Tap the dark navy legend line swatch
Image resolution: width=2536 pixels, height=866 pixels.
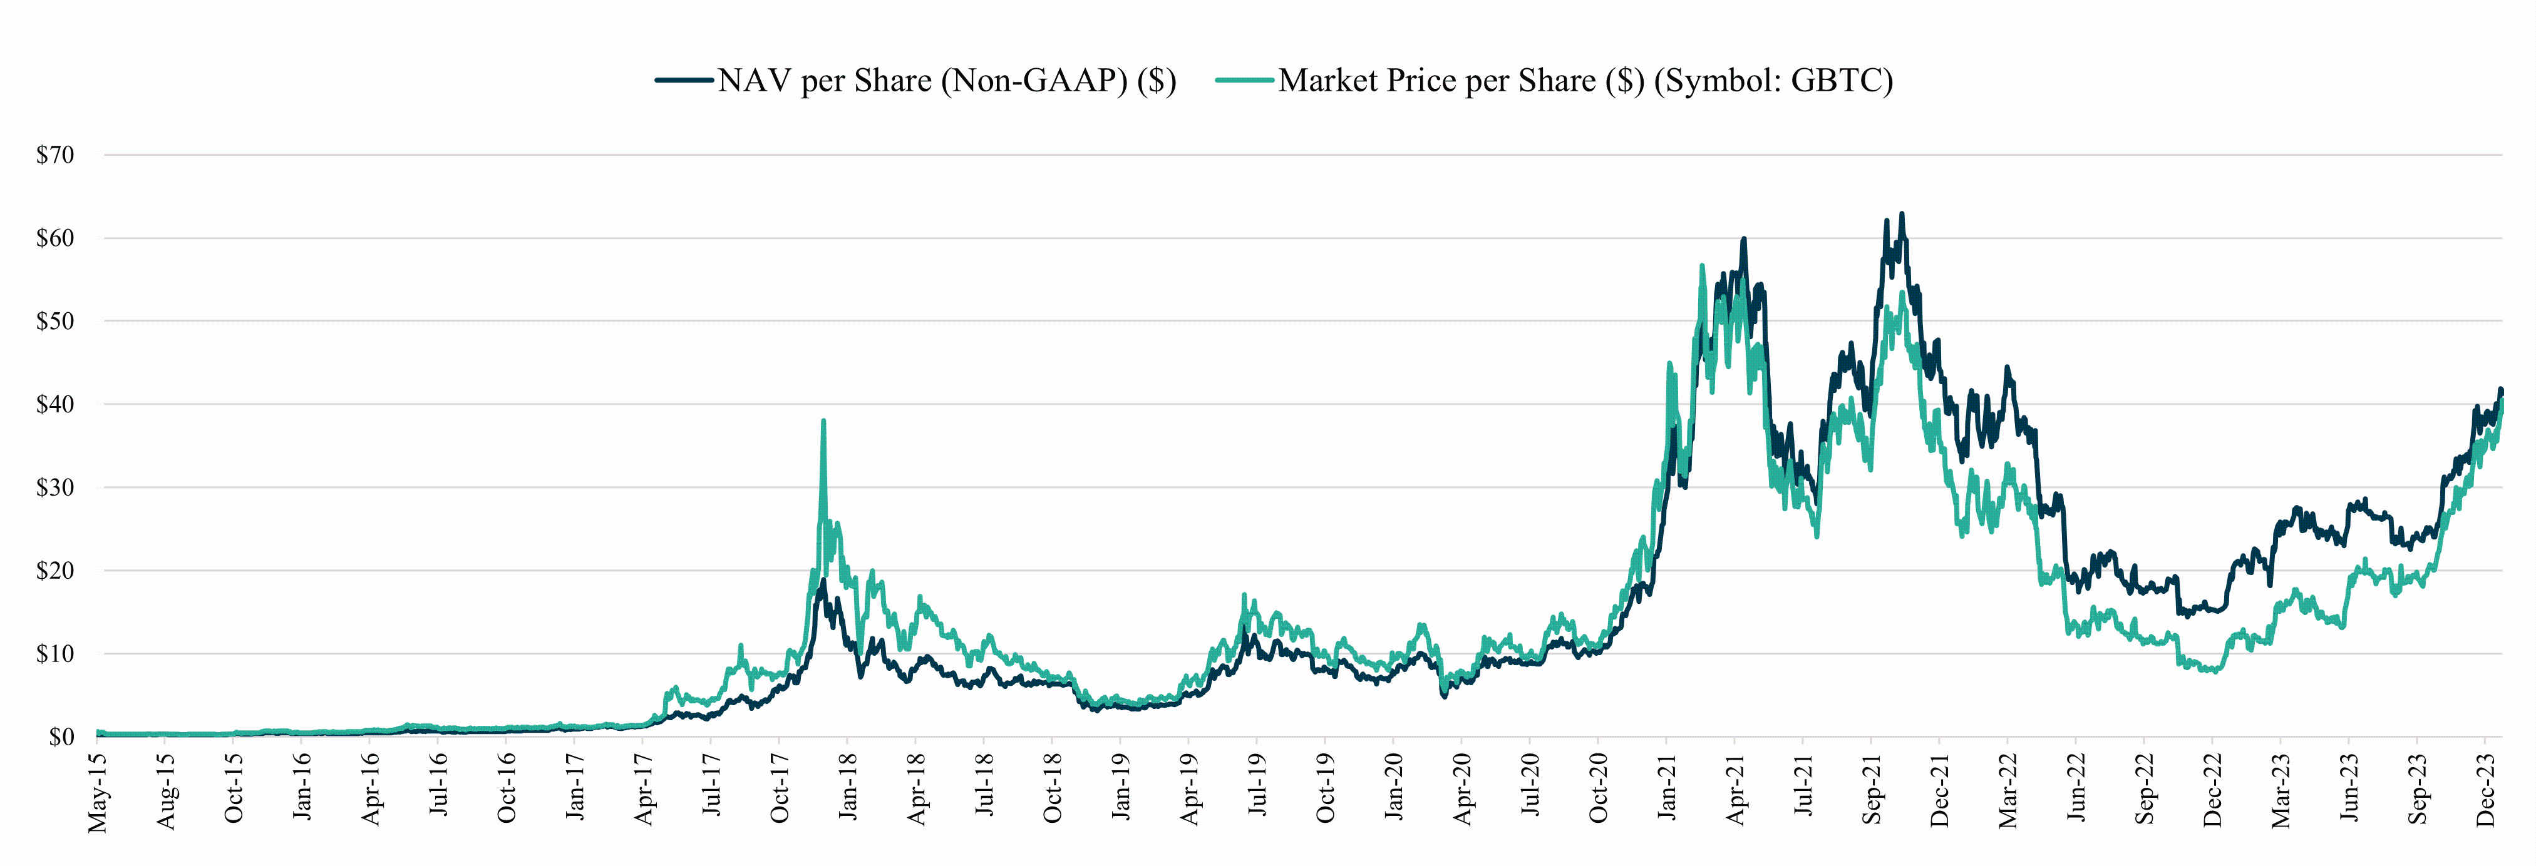[684, 79]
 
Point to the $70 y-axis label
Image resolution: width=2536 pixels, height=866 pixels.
[55, 155]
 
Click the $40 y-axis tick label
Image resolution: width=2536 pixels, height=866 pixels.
[55, 404]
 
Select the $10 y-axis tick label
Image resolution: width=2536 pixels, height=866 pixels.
[55, 653]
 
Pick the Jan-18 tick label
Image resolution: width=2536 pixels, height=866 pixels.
[848, 787]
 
